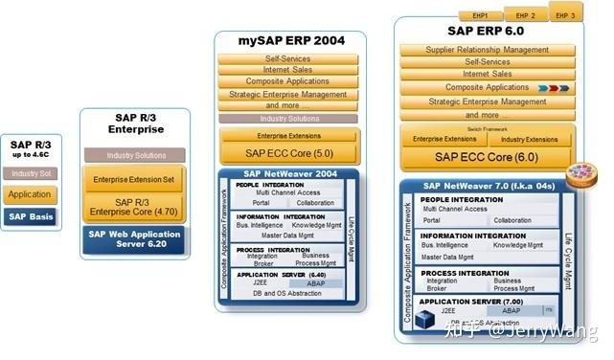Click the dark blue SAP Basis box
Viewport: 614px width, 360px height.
click(31, 215)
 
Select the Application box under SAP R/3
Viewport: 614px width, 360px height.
click(31, 194)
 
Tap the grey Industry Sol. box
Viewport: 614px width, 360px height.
click(31, 173)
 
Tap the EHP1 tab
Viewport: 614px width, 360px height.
click(480, 16)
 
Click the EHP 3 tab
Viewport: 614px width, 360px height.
click(566, 14)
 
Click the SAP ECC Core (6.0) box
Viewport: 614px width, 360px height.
click(486, 157)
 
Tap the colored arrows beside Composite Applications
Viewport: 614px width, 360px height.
click(555, 88)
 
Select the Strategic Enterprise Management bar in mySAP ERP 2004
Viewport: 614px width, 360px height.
click(288, 95)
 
